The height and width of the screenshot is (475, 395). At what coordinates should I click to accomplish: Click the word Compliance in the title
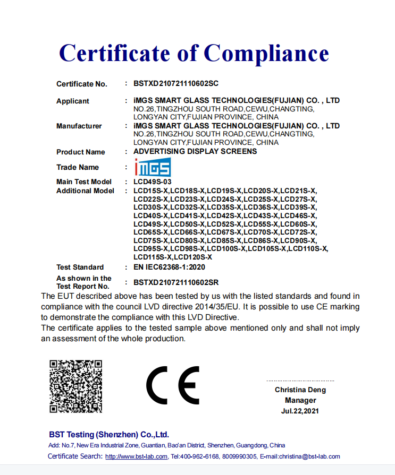(266, 53)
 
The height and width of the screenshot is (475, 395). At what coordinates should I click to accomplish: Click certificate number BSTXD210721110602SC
(176, 83)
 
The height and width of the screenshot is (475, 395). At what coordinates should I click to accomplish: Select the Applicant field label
(73, 101)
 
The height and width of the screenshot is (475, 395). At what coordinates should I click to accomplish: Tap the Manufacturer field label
(79, 126)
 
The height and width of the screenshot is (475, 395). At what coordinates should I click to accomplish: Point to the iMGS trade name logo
(152, 168)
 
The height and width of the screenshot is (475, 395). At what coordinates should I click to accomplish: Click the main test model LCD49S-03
(153, 182)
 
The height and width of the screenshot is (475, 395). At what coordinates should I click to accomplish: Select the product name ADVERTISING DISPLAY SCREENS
(195, 151)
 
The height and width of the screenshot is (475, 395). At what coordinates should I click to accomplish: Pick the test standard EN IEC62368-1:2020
(169, 267)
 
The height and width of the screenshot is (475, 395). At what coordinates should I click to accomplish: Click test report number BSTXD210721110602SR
(176, 282)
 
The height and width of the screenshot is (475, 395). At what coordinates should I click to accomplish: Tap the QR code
(75, 386)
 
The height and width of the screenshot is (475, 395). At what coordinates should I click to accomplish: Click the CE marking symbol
(173, 385)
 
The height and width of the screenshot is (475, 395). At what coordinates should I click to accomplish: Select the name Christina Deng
(300, 390)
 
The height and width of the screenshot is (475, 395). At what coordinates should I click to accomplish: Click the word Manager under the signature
(300, 400)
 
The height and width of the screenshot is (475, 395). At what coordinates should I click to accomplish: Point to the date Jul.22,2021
(300, 411)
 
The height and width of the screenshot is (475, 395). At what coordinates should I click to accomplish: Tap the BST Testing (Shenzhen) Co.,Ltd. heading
(108, 434)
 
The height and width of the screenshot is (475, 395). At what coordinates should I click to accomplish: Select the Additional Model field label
(85, 191)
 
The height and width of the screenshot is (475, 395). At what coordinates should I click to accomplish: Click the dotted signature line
(300, 381)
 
